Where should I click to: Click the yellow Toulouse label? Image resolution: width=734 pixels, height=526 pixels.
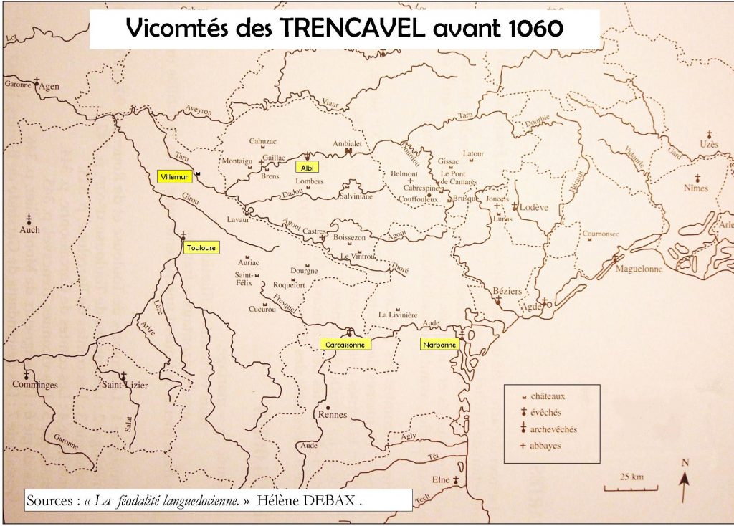point(201,248)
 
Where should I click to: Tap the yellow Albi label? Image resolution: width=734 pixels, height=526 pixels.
point(307,167)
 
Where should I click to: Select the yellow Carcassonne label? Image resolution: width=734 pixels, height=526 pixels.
point(345,345)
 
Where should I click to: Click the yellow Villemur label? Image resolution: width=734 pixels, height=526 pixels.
point(175,176)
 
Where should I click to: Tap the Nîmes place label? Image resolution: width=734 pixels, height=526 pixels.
point(696,188)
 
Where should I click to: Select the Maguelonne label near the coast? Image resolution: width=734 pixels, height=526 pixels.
point(639,269)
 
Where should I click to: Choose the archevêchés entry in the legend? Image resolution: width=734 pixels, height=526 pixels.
point(553,429)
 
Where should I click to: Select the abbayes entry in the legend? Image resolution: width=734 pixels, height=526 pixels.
point(545,446)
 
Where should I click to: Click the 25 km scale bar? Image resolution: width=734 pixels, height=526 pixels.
point(620,487)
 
